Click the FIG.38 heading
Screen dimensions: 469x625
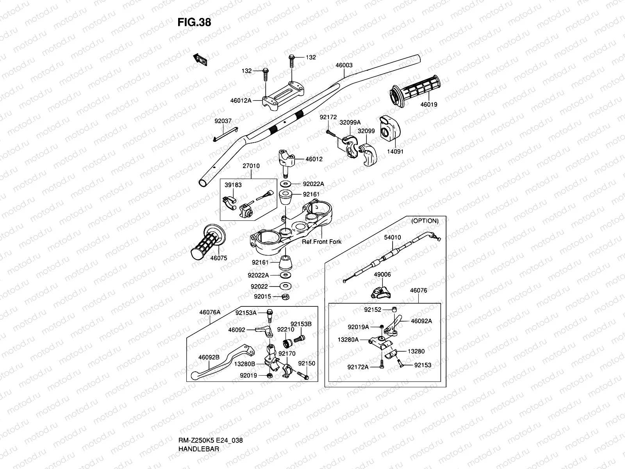[x=194, y=22]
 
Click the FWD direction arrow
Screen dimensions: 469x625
[x=200, y=59]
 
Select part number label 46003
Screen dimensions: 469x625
[x=344, y=65]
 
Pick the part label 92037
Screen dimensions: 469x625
[x=223, y=121]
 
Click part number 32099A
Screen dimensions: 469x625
[x=350, y=122]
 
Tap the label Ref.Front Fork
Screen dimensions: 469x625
[x=321, y=242]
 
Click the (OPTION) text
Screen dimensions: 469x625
[x=425, y=221]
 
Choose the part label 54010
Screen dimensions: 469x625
[x=392, y=237]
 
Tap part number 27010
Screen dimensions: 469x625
[x=251, y=166]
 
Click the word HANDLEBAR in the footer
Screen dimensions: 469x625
[x=199, y=427]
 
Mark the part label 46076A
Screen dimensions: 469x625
[x=210, y=312]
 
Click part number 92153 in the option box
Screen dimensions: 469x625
[x=423, y=365]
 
